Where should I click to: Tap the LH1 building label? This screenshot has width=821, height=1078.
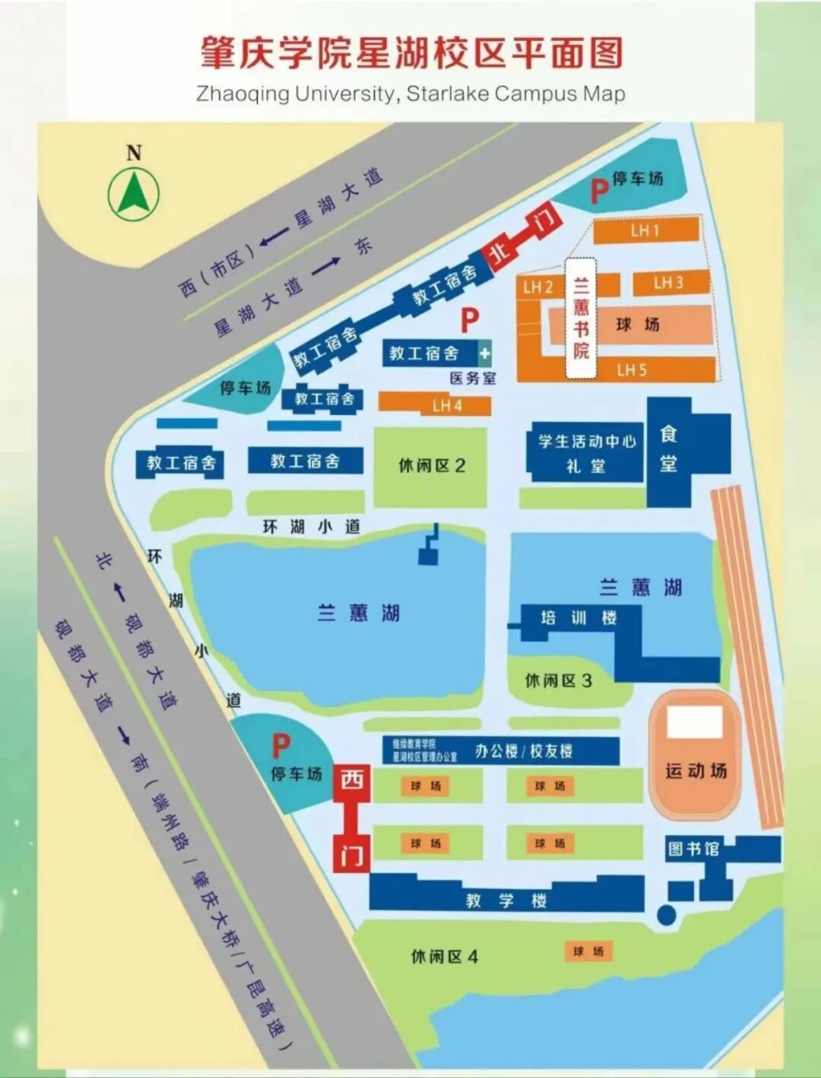coord(645,230)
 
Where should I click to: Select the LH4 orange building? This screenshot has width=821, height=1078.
coord(446,405)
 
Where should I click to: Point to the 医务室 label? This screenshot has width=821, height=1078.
coord(472,378)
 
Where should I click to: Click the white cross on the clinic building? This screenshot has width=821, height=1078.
coord(484,353)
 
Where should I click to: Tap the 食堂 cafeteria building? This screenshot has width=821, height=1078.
coord(669,450)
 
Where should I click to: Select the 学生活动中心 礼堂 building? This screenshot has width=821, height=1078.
coord(585,452)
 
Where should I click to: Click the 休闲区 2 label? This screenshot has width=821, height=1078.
coord(431,465)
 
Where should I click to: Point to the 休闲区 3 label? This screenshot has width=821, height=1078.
coord(558,680)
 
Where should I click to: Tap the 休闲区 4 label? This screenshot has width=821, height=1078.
coord(444,956)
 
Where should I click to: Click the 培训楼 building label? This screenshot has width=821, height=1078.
coord(578,618)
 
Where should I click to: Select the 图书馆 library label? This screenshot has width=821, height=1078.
coord(693,848)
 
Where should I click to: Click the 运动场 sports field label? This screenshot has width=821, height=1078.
coord(696,771)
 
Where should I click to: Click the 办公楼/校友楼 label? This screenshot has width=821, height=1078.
coord(524,751)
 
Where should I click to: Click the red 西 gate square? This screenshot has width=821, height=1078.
coord(352,781)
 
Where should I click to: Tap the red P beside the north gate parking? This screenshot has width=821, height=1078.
coord(599,190)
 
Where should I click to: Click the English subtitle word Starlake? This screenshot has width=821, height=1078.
coord(448,94)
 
